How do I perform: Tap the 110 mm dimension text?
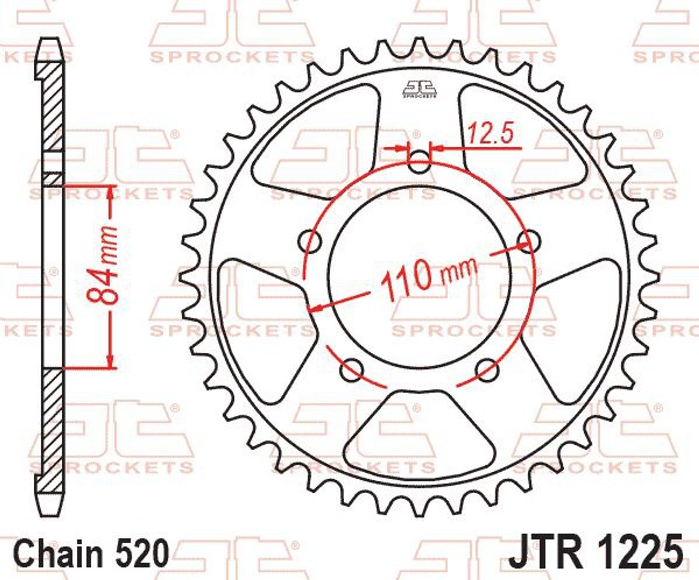coord(428,278)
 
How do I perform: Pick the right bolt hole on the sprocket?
coord(529,240)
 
